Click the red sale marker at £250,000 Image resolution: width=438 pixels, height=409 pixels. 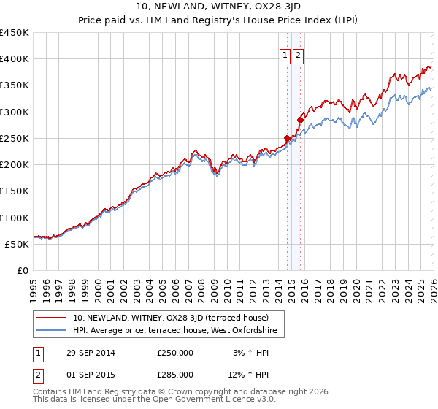pyautogui.click(x=288, y=137)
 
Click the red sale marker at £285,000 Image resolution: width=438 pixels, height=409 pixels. pyautogui.click(x=299, y=119)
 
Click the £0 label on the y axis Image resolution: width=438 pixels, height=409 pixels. pyautogui.click(x=22, y=270)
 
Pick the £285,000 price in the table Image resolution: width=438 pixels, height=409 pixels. pyautogui.click(x=175, y=375)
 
